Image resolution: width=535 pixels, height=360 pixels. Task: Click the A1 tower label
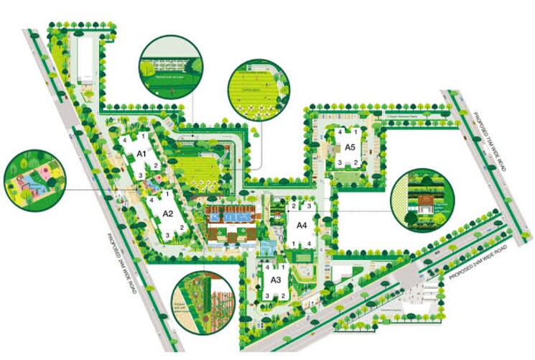pos(141,154)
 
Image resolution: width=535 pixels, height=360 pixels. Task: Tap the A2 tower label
pos(168,213)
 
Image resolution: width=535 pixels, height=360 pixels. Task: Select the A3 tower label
pos(275,280)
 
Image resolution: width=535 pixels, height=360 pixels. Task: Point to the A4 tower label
pos(302,225)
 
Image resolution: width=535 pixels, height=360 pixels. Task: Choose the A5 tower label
pos(350,147)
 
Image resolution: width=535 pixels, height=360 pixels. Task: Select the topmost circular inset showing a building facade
pos(167,65)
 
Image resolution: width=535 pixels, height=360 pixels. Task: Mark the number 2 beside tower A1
pos(156,166)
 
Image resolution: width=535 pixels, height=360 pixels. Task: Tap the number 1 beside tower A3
pos(284,267)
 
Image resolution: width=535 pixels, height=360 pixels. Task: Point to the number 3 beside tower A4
pos(310,207)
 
